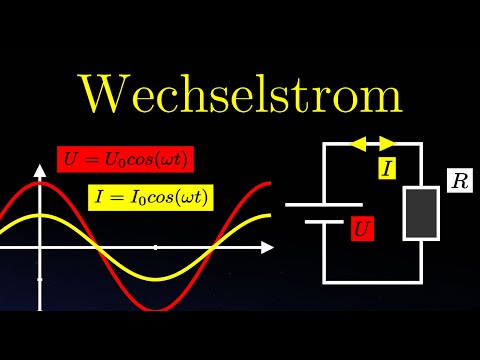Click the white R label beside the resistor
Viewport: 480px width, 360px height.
[x=459, y=183]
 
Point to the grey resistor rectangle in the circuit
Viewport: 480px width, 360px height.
[x=421, y=212]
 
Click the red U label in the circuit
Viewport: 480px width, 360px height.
[x=363, y=229]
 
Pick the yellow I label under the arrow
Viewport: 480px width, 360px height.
[x=387, y=167]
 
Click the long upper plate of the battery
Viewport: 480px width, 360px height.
[x=323, y=204]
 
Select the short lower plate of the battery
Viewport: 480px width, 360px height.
[x=323, y=221]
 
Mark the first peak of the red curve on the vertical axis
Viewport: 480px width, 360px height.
[x=39, y=183]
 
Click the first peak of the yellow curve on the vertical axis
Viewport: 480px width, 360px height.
[x=39, y=216]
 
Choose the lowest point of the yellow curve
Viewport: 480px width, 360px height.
[x=155, y=277]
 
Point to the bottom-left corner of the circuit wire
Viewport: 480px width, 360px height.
[x=324, y=281]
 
